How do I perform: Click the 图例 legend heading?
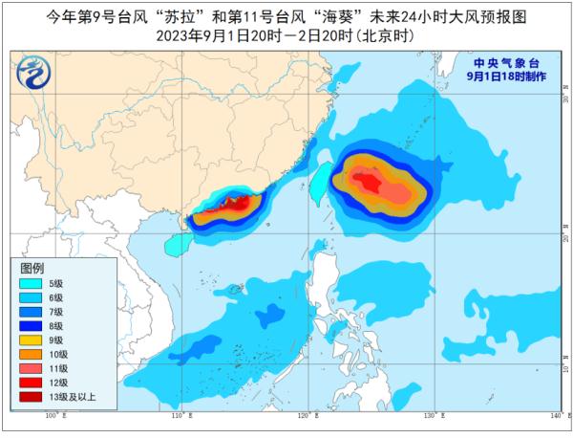(32, 269)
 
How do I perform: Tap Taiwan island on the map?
(322, 179)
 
